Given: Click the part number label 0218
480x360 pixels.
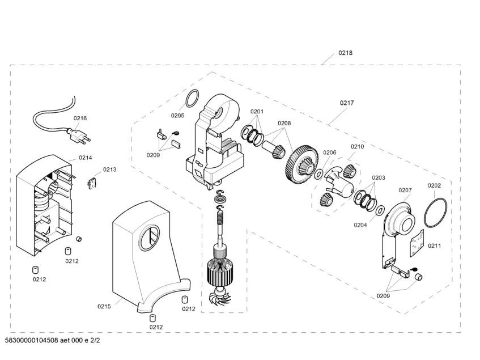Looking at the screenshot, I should [346, 53].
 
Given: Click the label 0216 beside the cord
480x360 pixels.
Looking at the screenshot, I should [80, 118].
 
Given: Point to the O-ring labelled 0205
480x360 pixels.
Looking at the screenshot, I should [193, 98].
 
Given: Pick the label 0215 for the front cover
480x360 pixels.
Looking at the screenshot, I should [104, 306].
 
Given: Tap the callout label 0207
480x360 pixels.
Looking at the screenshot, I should [405, 190].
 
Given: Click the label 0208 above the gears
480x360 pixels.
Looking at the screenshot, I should [284, 123].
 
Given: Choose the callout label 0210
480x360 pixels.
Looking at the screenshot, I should [356, 146].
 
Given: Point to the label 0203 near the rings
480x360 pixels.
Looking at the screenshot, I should [378, 177].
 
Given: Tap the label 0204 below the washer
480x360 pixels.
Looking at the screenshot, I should [360, 225].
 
